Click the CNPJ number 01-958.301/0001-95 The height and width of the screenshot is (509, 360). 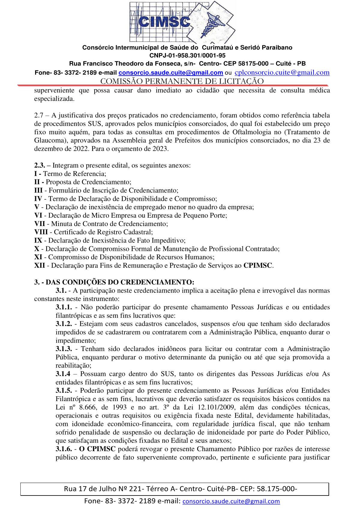click(187, 55)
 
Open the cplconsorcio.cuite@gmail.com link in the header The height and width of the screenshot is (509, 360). click(282, 72)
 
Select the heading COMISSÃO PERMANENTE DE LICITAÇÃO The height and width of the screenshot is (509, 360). click(182, 81)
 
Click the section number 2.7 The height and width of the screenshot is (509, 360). click(40, 115)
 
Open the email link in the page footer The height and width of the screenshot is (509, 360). click(231, 501)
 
